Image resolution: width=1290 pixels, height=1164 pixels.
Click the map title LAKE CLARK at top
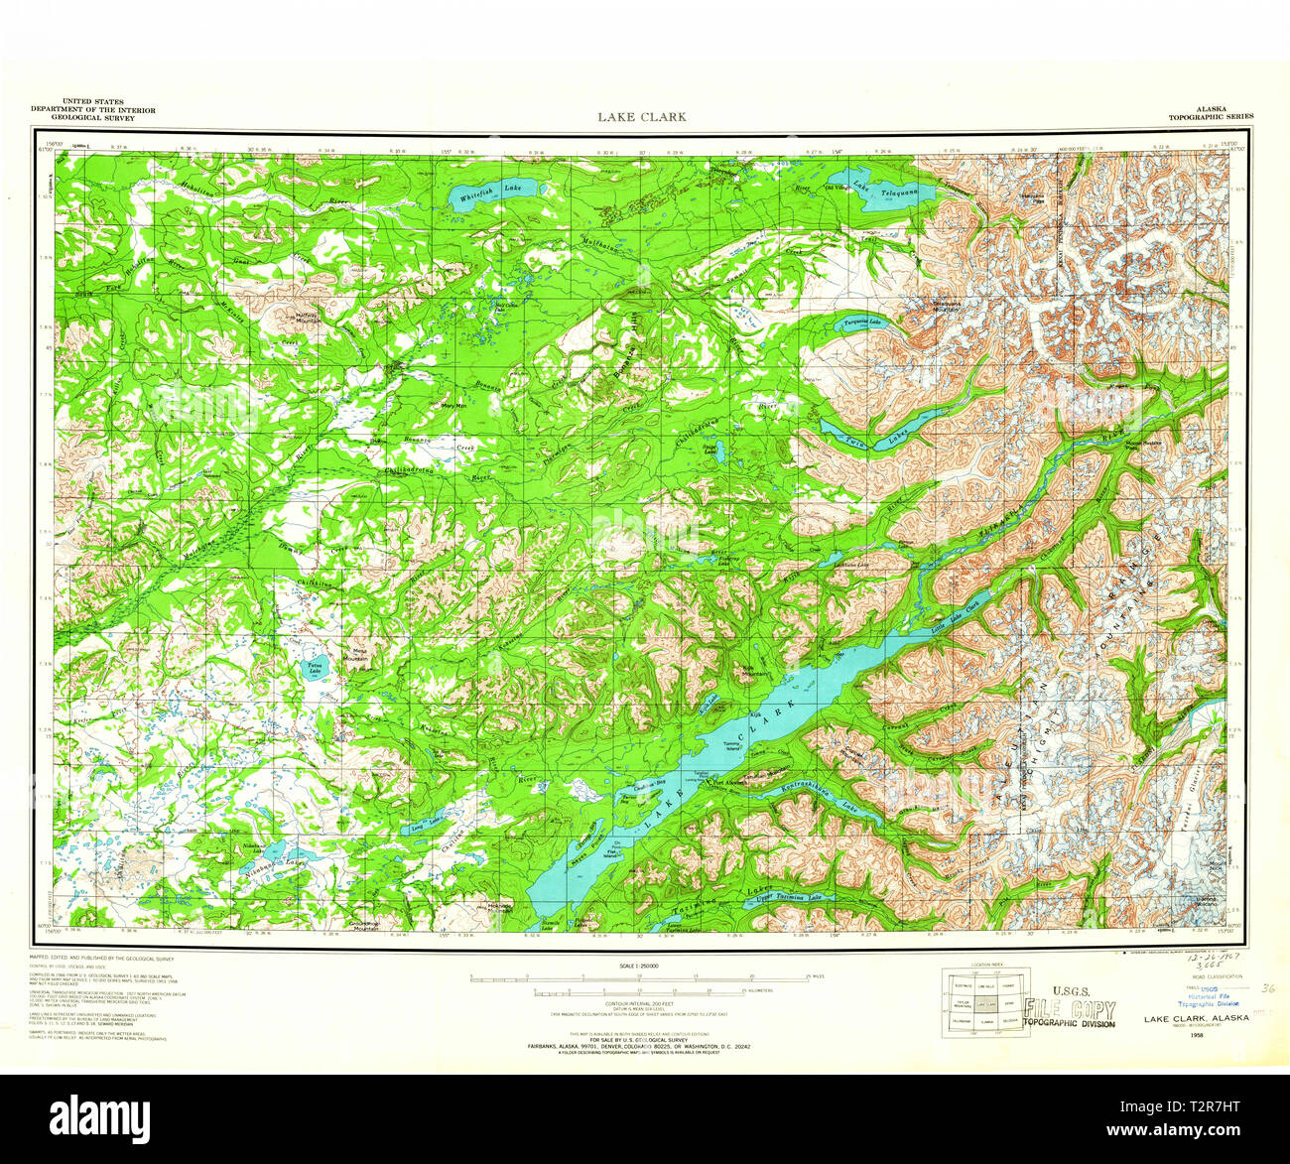click(x=641, y=116)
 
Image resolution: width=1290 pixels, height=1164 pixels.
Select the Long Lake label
click(x=424, y=823)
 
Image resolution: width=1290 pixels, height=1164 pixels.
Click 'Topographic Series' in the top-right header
click(x=1210, y=116)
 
